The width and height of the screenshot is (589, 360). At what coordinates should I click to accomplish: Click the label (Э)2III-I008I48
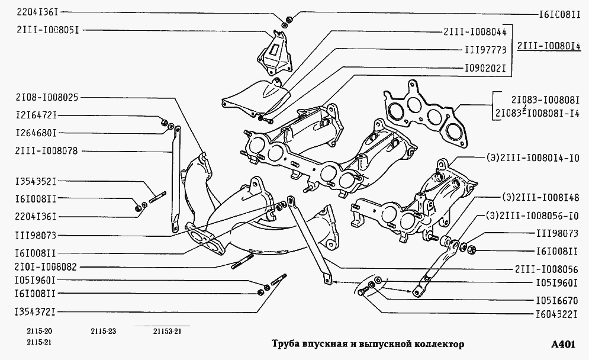[540, 197]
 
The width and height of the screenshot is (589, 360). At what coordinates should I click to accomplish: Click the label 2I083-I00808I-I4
[537, 112]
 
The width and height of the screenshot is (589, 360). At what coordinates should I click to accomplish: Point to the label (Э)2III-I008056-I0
[532, 215]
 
